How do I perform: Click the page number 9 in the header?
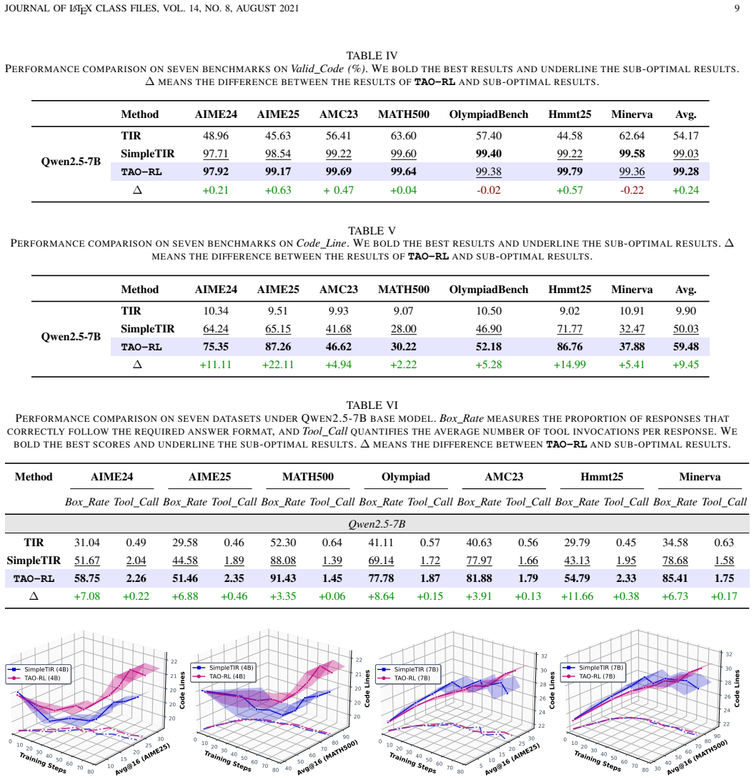(x=737, y=9)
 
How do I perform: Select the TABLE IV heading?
(x=372, y=56)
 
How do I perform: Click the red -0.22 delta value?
(x=632, y=190)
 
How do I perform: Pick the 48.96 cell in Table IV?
(x=216, y=136)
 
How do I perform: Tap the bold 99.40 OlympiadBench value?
(x=488, y=154)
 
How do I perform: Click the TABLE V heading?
(x=372, y=231)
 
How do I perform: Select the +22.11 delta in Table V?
(x=278, y=365)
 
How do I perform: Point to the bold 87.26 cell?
(x=278, y=347)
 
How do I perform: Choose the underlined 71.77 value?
(x=570, y=329)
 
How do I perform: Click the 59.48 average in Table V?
(x=686, y=347)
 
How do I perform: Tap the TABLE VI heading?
(x=372, y=405)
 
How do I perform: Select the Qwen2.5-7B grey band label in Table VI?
(x=377, y=524)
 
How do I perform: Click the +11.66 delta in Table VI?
(x=577, y=596)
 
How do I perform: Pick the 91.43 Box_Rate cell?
(x=283, y=578)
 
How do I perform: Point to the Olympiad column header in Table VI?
(x=406, y=477)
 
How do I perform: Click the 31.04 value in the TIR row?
(x=87, y=542)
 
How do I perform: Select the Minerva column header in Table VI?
(x=700, y=477)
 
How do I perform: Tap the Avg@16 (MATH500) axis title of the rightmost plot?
(x=698, y=757)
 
